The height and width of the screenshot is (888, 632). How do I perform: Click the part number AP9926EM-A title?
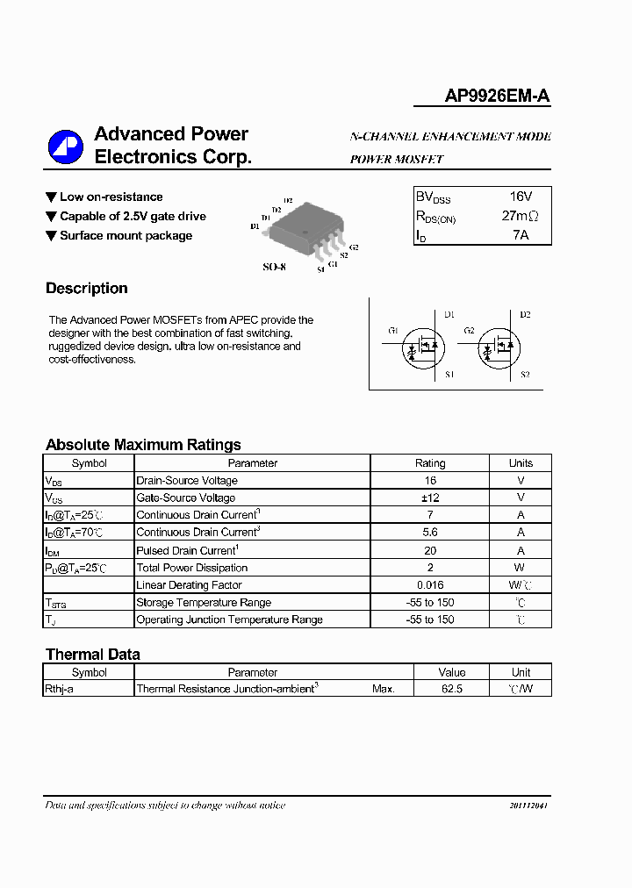click(497, 97)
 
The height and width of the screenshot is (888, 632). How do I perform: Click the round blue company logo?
click(65, 146)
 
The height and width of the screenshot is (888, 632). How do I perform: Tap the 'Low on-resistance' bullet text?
click(111, 197)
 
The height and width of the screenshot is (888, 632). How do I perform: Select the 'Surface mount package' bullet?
click(126, 235)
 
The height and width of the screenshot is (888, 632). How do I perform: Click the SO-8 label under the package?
click(274, 267)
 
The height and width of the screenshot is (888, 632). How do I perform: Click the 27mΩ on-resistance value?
click(520, 216)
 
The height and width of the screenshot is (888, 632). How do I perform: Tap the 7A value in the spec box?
click(520, 235)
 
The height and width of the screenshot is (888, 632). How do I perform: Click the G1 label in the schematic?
click(393, 331)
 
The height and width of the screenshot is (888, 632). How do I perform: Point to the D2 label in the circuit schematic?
click(525, 314)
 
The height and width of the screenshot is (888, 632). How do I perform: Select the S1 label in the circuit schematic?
click(449, 375)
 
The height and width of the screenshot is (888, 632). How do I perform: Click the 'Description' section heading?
click(87, 289)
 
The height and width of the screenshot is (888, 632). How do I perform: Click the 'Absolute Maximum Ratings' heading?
click(143, 445)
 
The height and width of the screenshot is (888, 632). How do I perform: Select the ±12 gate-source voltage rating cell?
click(430, 498)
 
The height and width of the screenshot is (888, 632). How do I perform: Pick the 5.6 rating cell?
click(430, 533)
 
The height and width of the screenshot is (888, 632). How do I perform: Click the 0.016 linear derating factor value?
click(430, 585)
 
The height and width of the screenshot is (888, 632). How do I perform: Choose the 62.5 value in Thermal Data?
click(451, 689)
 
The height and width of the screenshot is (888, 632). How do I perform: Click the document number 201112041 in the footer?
click(528, 806)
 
